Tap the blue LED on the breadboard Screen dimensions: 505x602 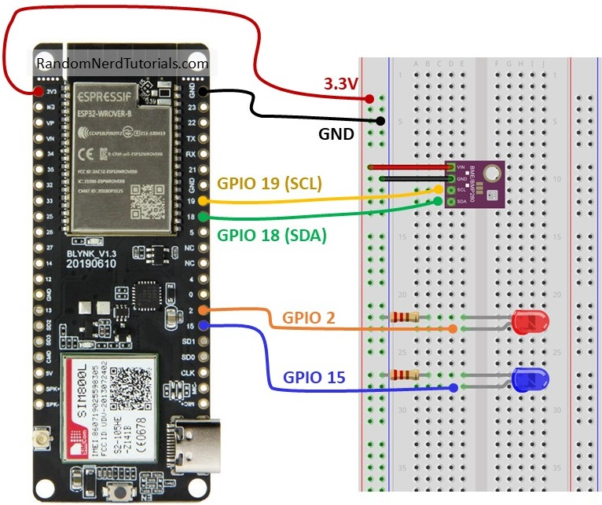[x=530, y=380]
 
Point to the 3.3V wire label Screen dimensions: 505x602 [x=343, y=82]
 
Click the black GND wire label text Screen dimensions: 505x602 [x=336, y=134]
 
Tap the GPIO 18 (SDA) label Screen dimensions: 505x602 [x=271, y=233]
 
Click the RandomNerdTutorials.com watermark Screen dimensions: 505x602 [x=123, y=64]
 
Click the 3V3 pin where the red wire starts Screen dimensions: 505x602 [x=36, y=91]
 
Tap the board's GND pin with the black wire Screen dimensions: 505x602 [x=204, y=91]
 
